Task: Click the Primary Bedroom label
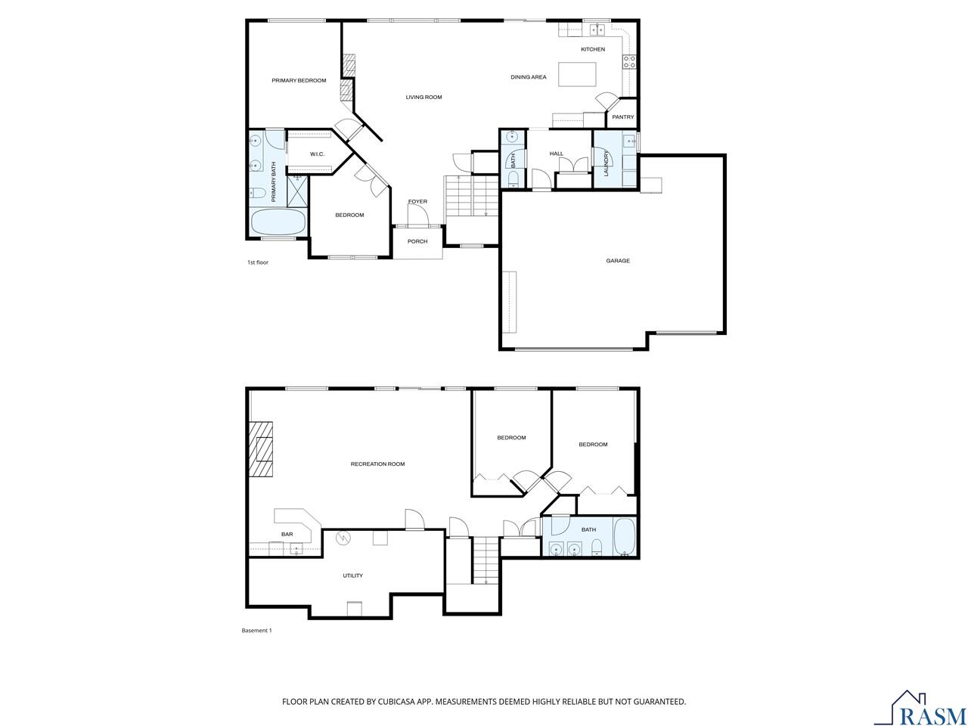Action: (x=299, y=80)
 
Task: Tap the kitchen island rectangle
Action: (x=577, y=75)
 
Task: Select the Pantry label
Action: (x=623, y=117)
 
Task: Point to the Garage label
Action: (x=618, y=261)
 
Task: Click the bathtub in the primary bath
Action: (x=278, y=222)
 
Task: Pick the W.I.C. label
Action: (x=317, y=154)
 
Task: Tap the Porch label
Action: (x=417, y=241)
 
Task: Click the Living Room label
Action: (x=423, y=97)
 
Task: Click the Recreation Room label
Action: (x=377, y=464)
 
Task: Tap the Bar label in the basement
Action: (x=287, y=534)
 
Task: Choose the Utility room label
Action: (x=352, y=576)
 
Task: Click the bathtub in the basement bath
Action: (x=625, y=537)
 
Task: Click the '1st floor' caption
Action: (x=258, y=262)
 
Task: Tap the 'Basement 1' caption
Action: (x=256, y=630)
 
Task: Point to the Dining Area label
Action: (x=528, y=77)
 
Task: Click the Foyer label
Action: (x=417, y=201)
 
